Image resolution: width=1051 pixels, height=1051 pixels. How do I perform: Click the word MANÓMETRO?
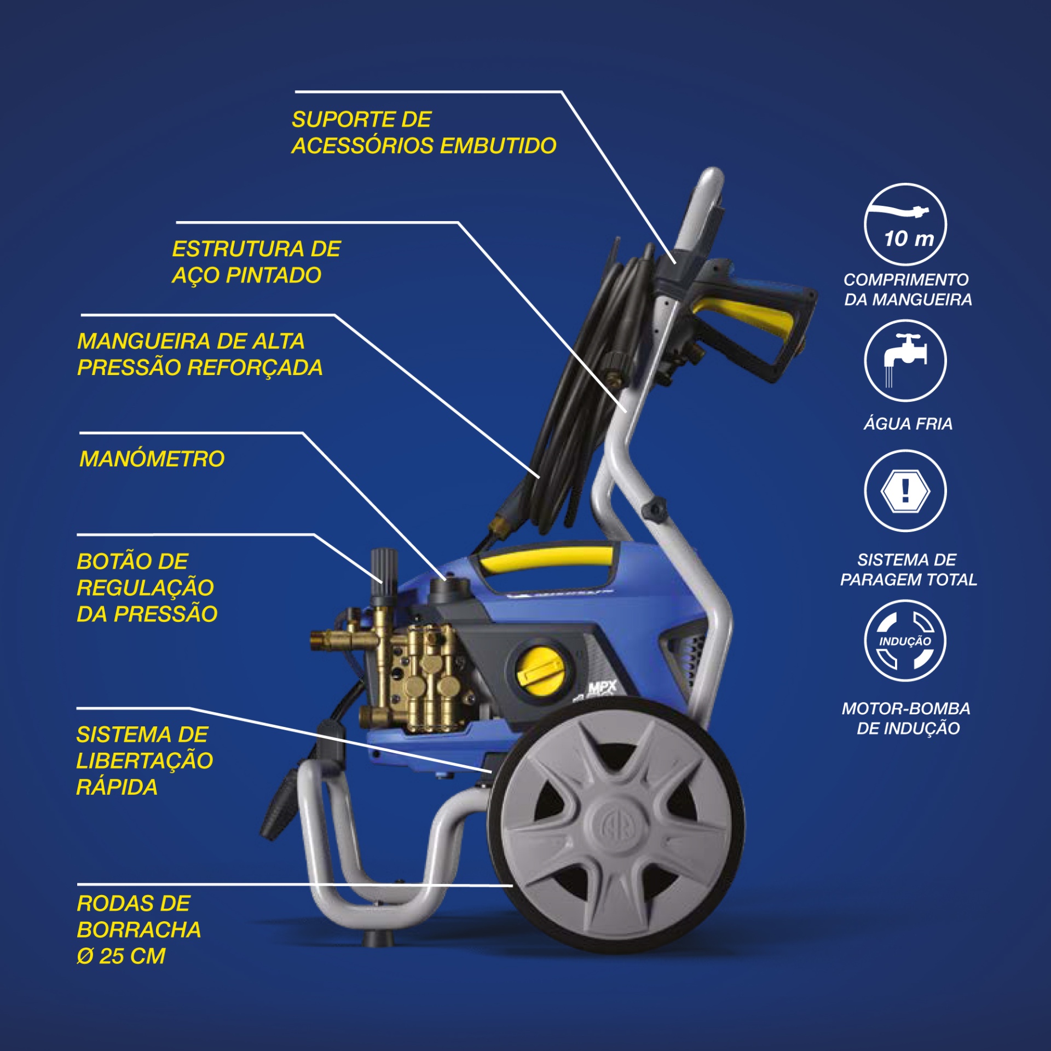[152, 459]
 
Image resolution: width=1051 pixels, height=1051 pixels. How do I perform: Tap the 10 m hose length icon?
[905, 224]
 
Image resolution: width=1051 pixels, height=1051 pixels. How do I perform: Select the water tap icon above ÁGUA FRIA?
[905, 361]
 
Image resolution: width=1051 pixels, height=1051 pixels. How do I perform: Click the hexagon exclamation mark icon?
[905, 490]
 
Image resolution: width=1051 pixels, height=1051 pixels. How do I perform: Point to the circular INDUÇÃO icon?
[905, 640]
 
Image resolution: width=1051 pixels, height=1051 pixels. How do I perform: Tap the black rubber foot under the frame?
[378, 939]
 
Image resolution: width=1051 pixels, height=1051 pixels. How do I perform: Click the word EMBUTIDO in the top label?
[498, 146]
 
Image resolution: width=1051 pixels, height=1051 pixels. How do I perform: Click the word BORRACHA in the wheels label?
[139, 930]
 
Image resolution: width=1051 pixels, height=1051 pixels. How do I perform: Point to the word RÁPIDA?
[117, 787]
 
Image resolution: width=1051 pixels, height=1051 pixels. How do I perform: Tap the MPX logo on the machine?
[602, 688]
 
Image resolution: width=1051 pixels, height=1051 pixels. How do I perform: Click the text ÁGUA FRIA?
[908, 423]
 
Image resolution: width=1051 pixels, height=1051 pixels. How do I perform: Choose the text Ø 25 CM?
[121, 956]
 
